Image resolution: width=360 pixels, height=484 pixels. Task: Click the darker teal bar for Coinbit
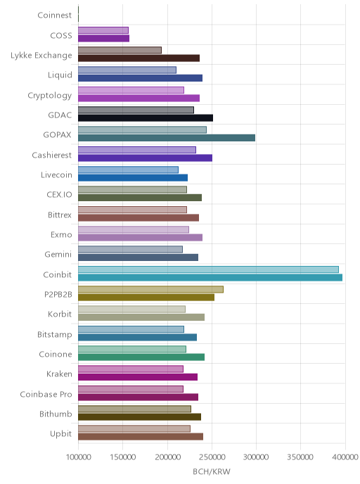pos(210,277)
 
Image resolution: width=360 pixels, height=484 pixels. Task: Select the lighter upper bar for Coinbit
pos(208,269)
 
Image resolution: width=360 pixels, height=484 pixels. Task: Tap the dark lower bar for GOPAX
pos(167,138)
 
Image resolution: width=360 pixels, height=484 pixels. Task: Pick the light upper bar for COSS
pos(103,30)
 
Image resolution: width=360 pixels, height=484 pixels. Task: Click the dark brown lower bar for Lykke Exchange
pos(139,58)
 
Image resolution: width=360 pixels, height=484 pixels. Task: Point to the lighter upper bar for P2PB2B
pos(150,289)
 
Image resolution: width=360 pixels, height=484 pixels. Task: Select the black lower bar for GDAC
pos(146,118)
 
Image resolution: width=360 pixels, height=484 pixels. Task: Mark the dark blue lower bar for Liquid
pos(140,78)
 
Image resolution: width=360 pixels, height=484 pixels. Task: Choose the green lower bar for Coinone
pos(141,357)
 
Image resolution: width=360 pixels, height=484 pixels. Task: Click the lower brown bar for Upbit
pos(141,436)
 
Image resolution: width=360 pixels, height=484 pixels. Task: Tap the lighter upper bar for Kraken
pos(131,369)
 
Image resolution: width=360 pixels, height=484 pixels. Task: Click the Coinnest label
pos(55,15)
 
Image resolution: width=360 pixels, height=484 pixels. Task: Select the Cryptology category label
pos(50,96)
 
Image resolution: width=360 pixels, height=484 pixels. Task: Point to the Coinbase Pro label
pos(46,394)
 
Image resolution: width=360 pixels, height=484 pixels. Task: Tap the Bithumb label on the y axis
pos(56,414)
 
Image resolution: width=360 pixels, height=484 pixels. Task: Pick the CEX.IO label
pos(59,194)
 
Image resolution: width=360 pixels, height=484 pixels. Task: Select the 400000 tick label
pos(345,457)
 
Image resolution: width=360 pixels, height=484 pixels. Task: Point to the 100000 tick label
pos(78,457)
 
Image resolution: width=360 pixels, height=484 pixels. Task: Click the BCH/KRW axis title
pos(212,471)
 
